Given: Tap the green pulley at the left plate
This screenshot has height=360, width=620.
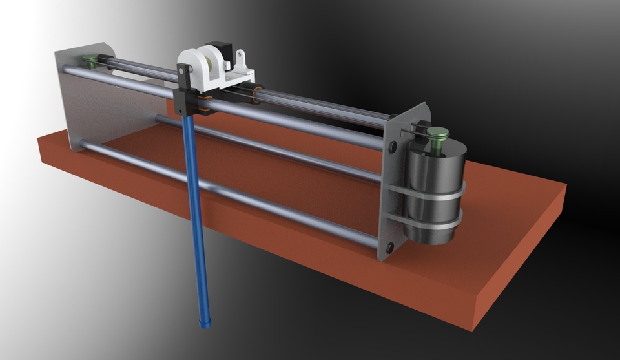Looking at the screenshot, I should click(90, 61).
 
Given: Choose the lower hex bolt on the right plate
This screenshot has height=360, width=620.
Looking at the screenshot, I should click(389, 246).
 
